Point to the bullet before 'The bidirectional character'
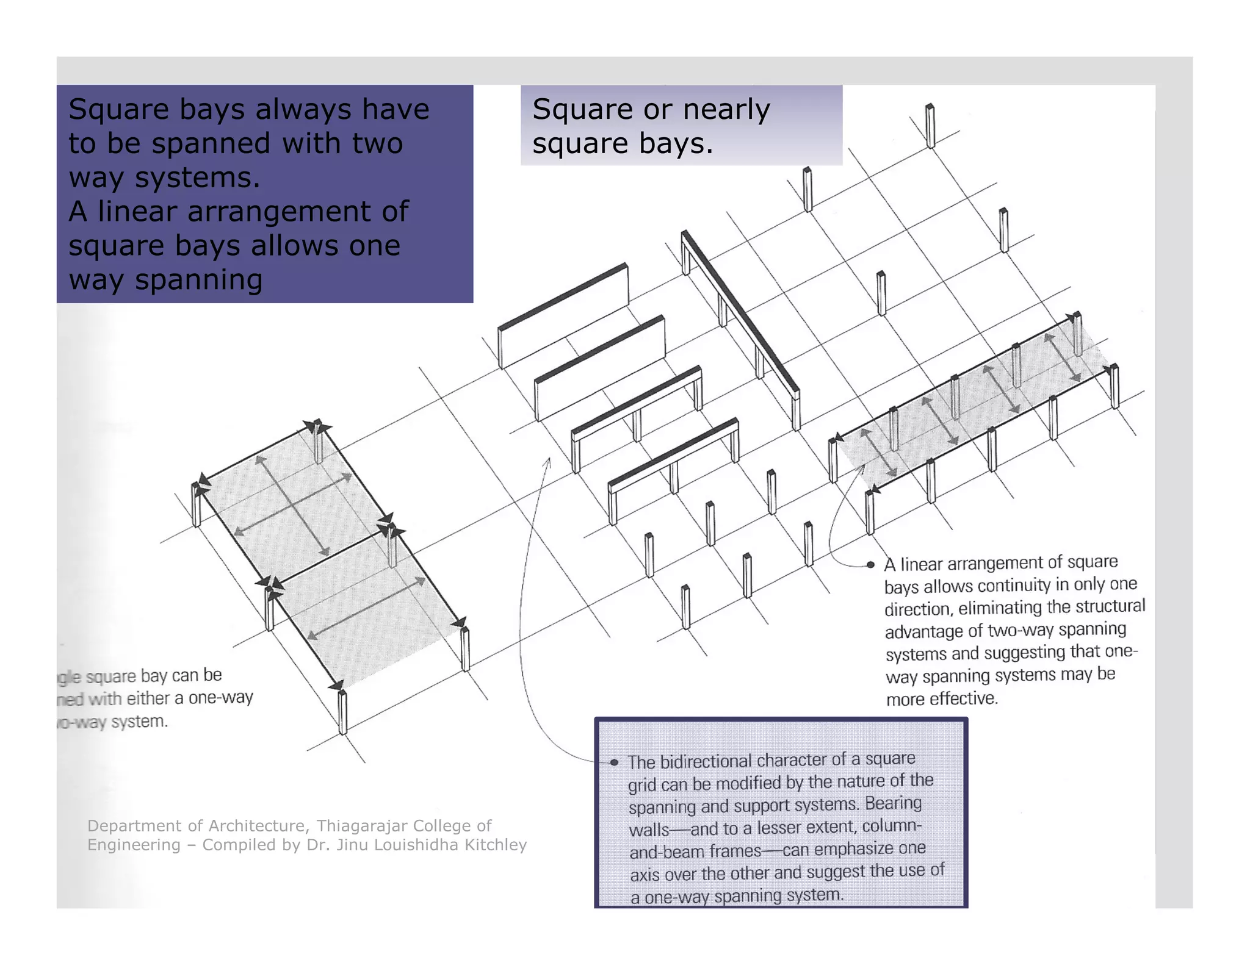coord(615,762)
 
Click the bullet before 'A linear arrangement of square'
coord(871,565)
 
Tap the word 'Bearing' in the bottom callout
coord(894,803)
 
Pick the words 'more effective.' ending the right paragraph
coord(942,699)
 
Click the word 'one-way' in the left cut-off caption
coord(220,698)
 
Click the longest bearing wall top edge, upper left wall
coord(563,296)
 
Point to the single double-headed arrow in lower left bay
coord(366,608)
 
